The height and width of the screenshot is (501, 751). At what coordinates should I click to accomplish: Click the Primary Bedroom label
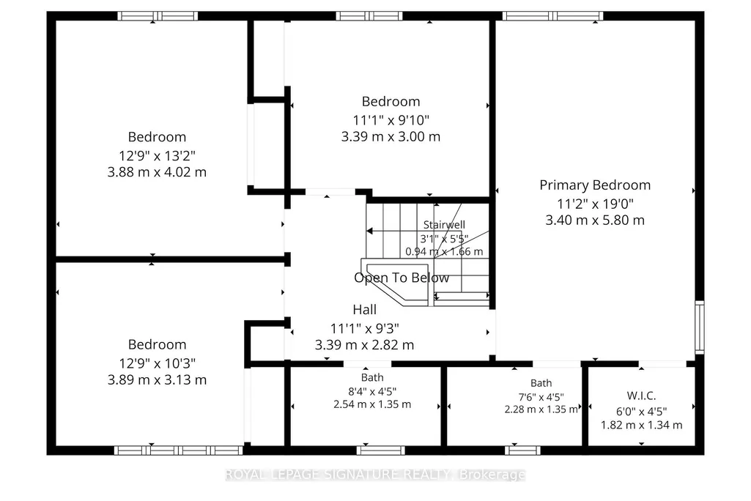point(595,185)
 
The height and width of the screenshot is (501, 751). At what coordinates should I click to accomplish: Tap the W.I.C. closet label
point(641,396)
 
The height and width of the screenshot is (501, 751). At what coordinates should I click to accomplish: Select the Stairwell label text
point(444,225)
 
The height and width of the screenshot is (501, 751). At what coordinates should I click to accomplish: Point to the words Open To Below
point(402,278)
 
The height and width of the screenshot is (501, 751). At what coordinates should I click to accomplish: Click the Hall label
point(364,310)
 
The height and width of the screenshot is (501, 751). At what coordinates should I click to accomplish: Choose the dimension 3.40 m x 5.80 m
point(595,220)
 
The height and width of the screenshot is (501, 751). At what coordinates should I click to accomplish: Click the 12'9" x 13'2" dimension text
point(157,156)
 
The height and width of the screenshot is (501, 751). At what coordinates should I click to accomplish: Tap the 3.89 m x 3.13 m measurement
point(157,380)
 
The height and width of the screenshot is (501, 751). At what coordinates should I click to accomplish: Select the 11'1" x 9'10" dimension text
point(391,119)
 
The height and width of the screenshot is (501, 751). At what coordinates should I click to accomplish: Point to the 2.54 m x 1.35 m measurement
point(372,404)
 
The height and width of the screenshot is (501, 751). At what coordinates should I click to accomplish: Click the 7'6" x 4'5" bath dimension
point(541,397)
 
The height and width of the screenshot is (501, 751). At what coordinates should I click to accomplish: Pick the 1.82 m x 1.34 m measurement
point(641,425)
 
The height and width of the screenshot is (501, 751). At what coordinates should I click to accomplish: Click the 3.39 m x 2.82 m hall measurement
point(364,345)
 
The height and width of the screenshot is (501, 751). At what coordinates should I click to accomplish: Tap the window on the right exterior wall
point(700,327)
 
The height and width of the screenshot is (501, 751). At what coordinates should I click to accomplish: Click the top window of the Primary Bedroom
point(552,16)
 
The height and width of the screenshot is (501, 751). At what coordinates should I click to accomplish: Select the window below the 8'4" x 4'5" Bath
point(381,450)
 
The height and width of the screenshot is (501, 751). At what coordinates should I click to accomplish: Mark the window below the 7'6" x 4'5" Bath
point(522,450)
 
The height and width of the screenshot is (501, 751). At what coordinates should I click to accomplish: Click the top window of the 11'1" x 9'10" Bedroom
point(369,16)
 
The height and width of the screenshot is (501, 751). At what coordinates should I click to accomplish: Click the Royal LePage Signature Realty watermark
point(375,475)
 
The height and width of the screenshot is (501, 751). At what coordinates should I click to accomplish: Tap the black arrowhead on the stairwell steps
point(369,231)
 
